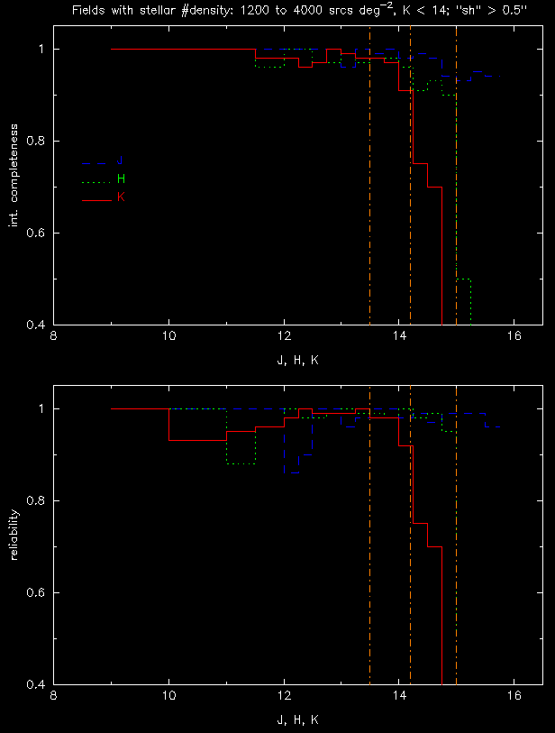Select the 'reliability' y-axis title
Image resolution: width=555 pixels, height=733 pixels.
point(14,544)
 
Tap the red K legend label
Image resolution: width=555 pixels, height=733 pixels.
point(121,197)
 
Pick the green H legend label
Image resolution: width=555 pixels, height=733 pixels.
point(121,179)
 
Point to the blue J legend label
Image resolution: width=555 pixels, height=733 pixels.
point(121,161)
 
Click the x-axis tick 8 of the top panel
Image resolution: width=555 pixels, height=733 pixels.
point(54,338)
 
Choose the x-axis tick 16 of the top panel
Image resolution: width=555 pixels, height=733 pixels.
point(514,338)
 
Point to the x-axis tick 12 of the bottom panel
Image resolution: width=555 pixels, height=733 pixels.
point(284,698)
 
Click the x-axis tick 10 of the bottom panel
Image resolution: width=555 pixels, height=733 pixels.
point(169,698)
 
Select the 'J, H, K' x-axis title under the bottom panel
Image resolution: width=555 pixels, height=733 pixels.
point(297,720)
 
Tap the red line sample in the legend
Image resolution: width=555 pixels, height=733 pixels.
point(96,199)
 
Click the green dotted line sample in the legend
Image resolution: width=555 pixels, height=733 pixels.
point(96,181)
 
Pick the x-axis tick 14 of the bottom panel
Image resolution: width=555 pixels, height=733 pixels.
point(399,698)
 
